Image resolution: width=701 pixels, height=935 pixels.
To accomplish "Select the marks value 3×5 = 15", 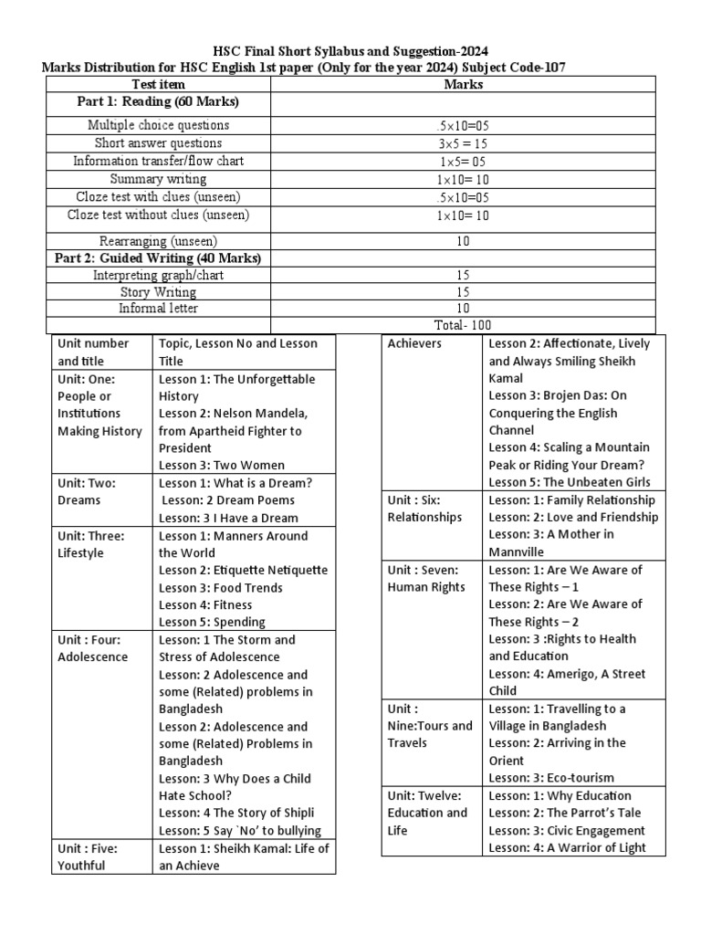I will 463,143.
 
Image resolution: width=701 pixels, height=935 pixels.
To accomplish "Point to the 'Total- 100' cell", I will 463,324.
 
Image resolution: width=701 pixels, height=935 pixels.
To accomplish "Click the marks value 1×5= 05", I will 463,162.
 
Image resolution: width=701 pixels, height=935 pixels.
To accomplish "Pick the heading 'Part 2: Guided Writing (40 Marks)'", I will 158,258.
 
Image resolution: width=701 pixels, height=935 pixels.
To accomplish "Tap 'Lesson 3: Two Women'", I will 222,466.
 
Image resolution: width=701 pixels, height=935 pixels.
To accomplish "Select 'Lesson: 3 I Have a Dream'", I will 227,518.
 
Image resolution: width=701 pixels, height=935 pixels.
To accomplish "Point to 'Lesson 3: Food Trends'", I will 221,588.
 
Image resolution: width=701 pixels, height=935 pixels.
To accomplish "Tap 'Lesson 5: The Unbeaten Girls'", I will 570,482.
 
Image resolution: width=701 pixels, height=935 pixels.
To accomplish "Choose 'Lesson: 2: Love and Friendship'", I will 571,517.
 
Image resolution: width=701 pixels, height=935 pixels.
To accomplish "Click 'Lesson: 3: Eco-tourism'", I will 551,778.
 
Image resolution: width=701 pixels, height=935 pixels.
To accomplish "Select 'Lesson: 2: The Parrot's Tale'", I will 565,813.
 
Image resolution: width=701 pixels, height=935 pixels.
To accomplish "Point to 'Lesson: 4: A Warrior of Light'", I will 567,847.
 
